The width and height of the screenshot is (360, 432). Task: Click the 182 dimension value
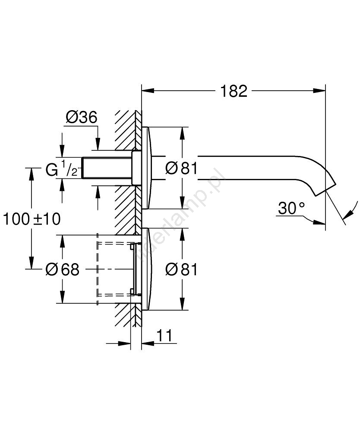coord(234,91)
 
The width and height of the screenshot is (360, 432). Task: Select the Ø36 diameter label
coord(81,117)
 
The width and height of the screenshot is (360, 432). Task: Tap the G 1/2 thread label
coord(62,170)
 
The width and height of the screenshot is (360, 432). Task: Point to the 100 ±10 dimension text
coord(32,219)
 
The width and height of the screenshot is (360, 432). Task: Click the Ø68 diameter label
coord(63,270)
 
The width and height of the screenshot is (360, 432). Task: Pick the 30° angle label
coord(291,209)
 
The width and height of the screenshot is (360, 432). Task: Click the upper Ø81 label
coord(182,168)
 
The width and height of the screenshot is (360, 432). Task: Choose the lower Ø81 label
coord(182,270)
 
